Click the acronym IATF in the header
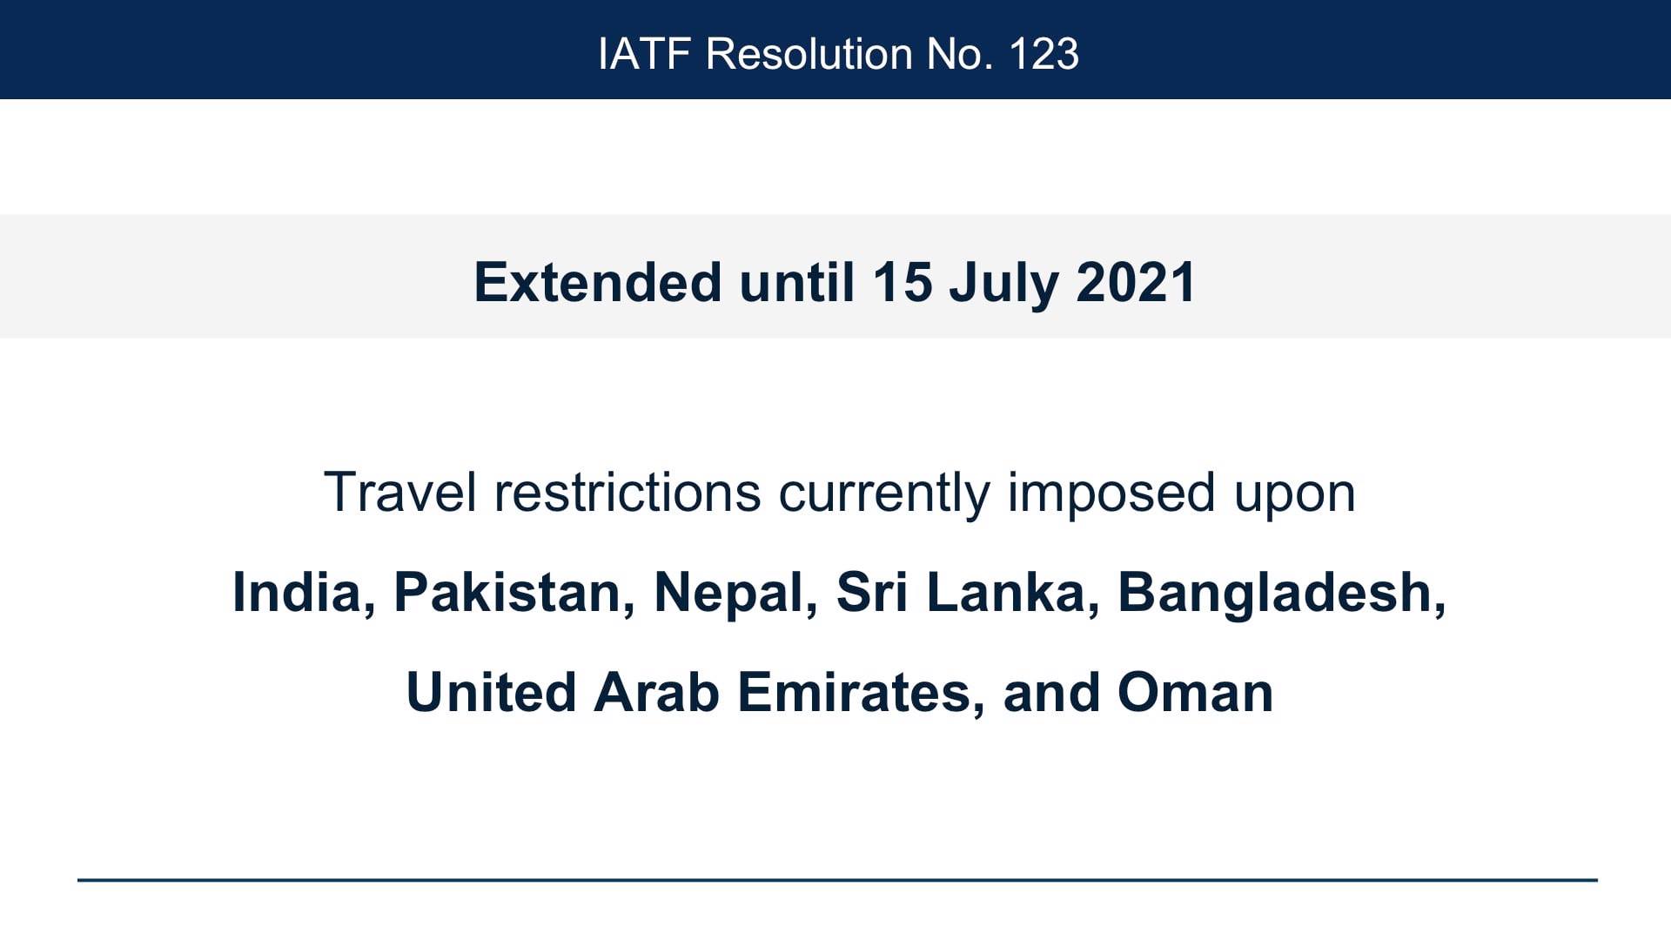click(644, 54)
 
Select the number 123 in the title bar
click(1044, 54)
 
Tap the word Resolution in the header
click(808, 54)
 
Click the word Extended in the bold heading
click(598, 282)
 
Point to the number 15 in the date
click(903, 282)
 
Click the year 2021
click(1136, 282)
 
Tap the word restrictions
click(627, 492)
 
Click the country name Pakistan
click(508, 592)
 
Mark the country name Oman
click(1196, 692)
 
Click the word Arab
click(657, 692)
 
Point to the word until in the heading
click(797, 282)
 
